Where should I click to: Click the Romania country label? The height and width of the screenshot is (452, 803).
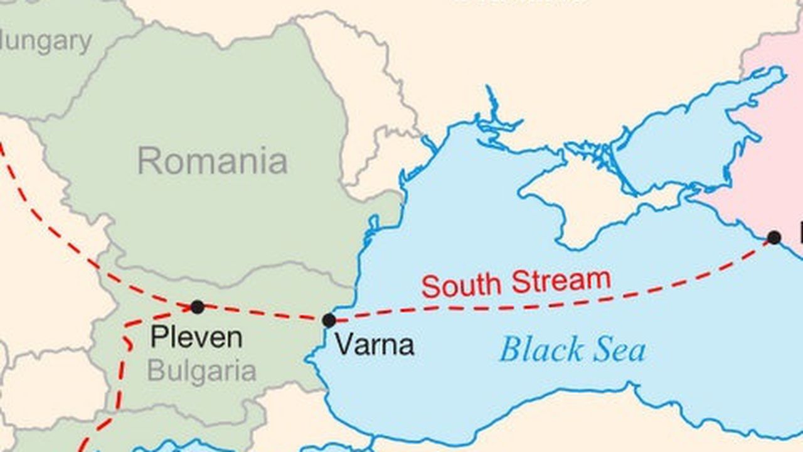[212, 161]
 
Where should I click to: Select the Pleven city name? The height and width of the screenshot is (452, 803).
[196, 338]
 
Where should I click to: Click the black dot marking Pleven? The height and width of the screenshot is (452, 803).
[197, 307]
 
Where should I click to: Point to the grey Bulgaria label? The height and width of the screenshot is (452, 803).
[201, 372]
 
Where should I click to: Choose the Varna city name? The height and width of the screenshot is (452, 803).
[374, 345]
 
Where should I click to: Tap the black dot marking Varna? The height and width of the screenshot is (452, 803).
[329, 321]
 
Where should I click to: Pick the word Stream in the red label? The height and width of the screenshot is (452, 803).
[561, 280]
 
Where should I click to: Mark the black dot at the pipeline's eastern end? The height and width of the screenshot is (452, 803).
[774, 237]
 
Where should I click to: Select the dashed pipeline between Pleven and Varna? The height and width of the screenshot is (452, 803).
[263, 313]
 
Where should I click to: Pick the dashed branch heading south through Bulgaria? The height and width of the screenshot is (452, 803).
[120, 377]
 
